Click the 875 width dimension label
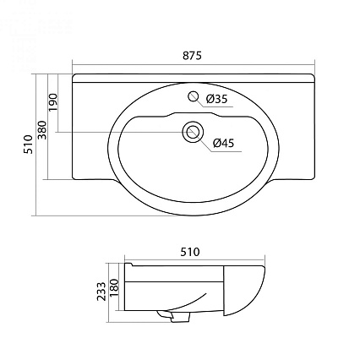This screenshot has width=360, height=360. (x=192, y=56)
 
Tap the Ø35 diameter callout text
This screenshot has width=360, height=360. (x=216, y=99)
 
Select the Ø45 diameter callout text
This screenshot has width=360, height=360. (x=224, y=143)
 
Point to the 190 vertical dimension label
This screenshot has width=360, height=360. (x=53, y=102)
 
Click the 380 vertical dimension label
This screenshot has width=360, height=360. (x=42, y=130)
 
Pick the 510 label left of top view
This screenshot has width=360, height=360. (x=28, y=145)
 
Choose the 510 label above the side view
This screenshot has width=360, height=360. (x=190, y=252)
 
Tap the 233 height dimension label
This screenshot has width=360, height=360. (x=101, y=292)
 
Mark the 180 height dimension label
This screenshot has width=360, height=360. (x=114, y=287)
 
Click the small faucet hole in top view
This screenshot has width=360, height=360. (x=194, y=96)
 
